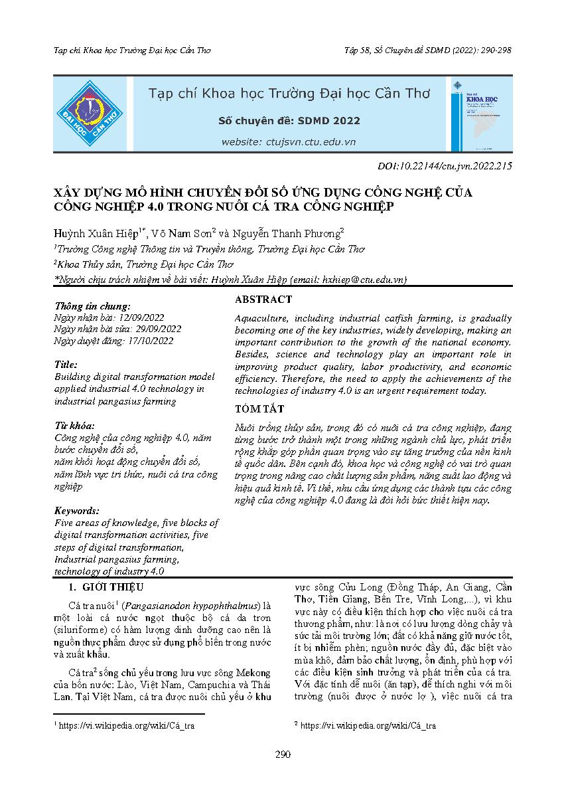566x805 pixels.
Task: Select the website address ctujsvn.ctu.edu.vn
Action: [x=289, y=141]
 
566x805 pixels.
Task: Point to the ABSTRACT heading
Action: [x=263, y=300]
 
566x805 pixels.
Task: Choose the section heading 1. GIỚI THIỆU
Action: [x=106, y=588]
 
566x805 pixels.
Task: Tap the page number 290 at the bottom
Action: [x=283, y=755]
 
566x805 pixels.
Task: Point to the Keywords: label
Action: [x=77, y=511]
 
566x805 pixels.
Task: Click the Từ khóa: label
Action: [x=74, y=425]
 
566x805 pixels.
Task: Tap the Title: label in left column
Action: [x=66, y=365]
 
